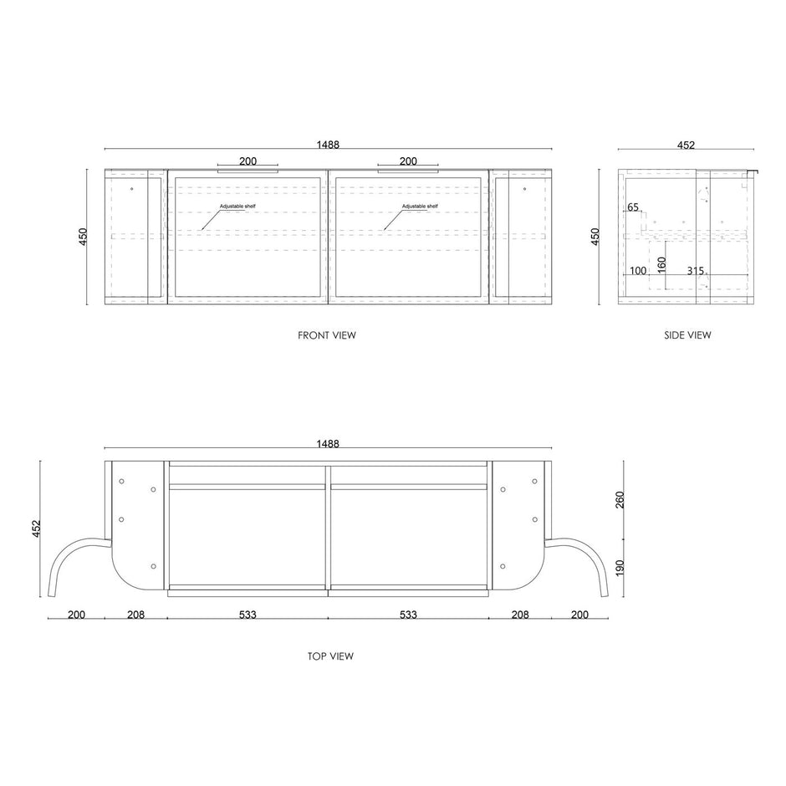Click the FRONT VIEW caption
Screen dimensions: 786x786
click(327, 335)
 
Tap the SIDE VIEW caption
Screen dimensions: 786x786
click(687, 335)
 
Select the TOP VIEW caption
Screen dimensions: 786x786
click(330, 656)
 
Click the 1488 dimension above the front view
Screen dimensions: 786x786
click(328, 145)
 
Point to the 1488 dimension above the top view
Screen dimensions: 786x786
click(328, 444)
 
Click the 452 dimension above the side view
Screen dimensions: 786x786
click(686, 145)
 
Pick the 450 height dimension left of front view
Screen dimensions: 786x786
click(84, 237)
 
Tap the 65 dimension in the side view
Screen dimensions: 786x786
click(633, 207)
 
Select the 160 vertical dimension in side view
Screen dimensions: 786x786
click(661, 265)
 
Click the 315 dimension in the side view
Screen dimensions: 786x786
click(695, 271)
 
